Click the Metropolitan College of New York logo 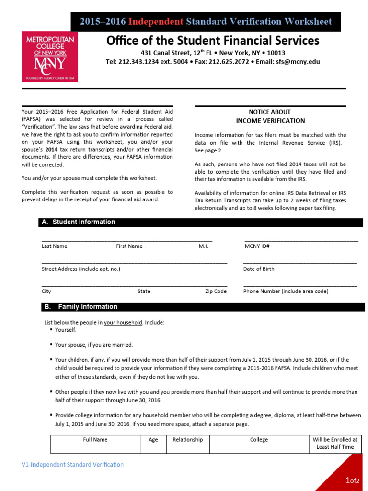click(50, 56)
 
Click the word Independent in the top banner click(156, 22)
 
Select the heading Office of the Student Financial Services click(213, 40)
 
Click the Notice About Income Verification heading click(270, 116)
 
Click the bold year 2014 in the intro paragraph click(51, 149)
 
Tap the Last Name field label click(54, 246)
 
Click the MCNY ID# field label click(257, 246)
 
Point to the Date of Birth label click(259, 269)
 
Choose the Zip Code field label click(216, 291)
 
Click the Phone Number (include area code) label click(286, 291)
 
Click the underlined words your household click(123, 323)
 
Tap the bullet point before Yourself click(51, 330)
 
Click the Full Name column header click(95, 440)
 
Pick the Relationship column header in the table click(187, 440)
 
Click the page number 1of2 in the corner click(352, 480)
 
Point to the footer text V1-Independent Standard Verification click(72, 465)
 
